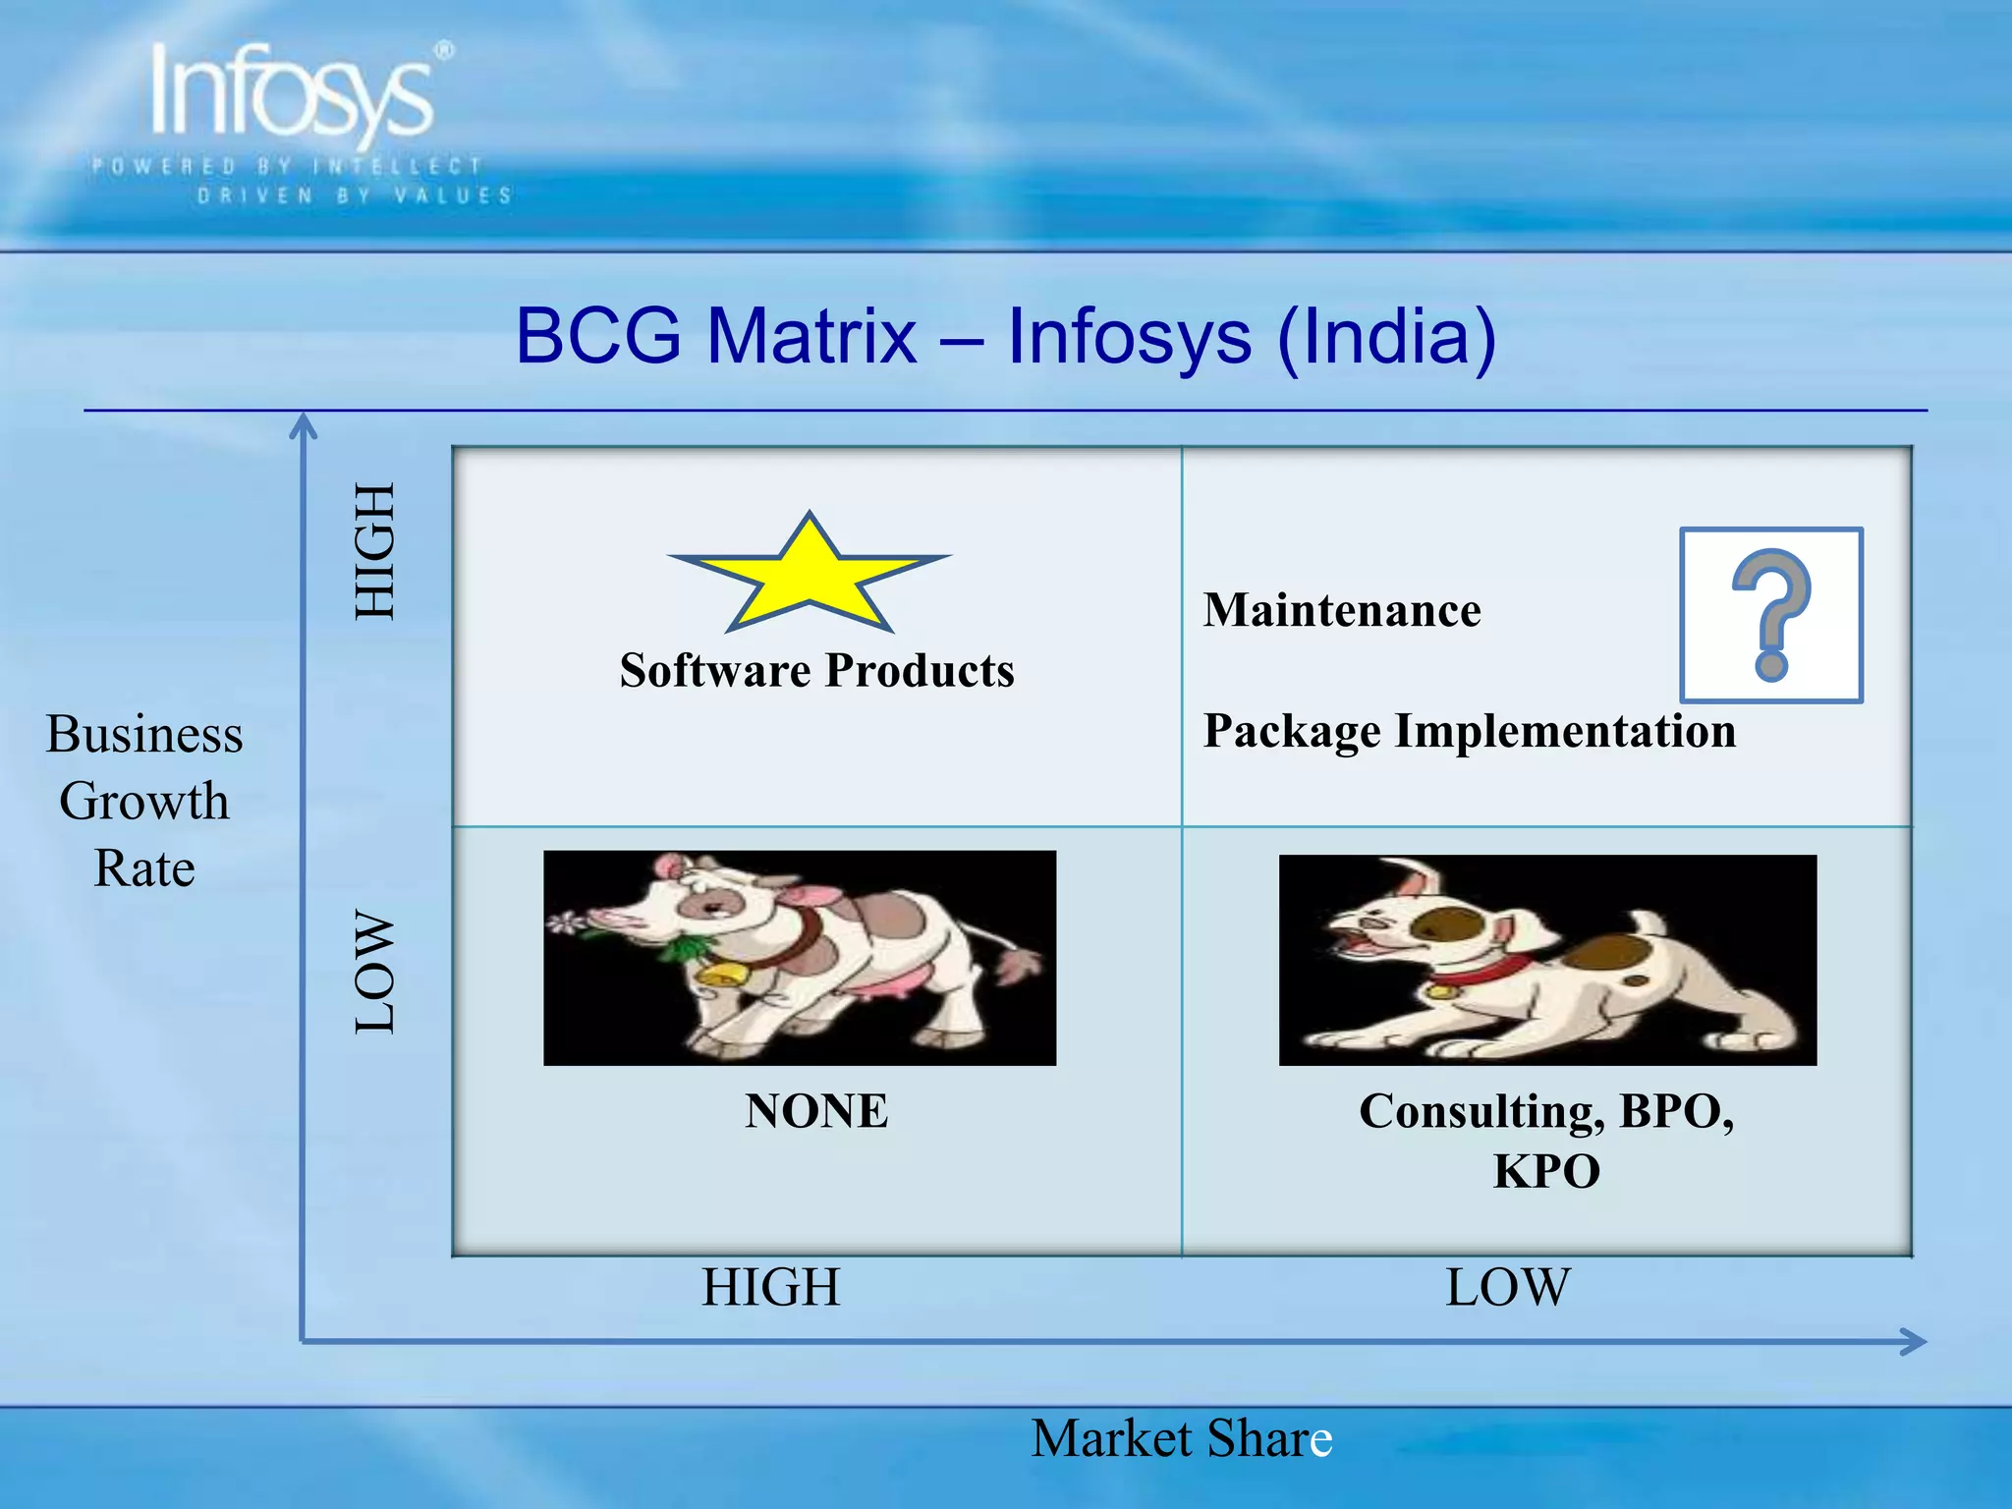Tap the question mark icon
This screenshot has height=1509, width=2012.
[x=1770, y=615]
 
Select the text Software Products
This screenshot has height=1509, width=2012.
[x=816, y=671]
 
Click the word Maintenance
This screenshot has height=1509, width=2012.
[x=1342, y=610]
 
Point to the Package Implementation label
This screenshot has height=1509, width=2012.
[x=1469, y=731]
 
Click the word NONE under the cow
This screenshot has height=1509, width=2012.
[x=815, y=1111]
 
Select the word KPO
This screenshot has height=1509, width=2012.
[x=1546, y=1171]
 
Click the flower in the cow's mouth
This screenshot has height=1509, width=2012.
[x=565, y=922]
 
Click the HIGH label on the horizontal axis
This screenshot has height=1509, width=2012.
[x=770, y=1287]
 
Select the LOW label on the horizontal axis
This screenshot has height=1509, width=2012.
[x=1507, y=1287]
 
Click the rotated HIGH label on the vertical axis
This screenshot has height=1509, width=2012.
[x=374, y=551]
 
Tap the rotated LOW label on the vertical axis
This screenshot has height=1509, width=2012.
[x=374, y=972]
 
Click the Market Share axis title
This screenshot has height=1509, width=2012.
[x=1181, y=1438]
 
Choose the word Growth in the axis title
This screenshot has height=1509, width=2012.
[x=144, y=801]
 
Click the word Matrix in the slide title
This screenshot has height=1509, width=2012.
[x=811, y=336]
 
